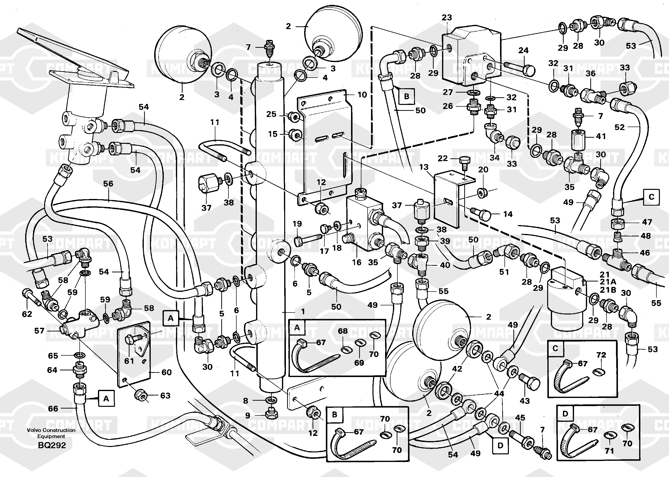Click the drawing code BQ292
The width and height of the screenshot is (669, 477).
[x=52, y=445]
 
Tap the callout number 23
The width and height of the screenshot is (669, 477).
[x=446, y=18]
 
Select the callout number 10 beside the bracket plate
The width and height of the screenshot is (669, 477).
[x=362, y=95]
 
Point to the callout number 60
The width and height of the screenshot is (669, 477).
[x=166, y=372]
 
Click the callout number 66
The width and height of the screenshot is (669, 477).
[x=53, y=408]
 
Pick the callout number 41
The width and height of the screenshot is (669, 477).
[x=601, y=136]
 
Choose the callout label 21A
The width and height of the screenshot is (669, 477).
[x=608, y=282]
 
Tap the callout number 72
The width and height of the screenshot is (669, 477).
[x=601, y=355]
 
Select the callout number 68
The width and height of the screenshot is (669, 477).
[x=343, y=331]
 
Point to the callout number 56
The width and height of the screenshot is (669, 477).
[x=108, y=183]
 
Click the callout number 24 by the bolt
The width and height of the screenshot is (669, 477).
[x=523, y=50]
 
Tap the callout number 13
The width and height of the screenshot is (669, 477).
[x=424, y=167]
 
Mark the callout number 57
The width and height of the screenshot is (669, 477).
[x=39, y=331]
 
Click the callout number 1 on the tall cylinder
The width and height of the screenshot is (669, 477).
[x=303, y=311]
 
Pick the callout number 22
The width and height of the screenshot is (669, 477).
[x=443, y=158]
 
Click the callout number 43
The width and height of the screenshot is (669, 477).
[x=524, y=401]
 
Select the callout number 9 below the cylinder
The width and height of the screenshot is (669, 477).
[x=248, y=415]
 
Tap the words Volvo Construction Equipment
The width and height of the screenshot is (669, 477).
[x=51, y=433]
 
